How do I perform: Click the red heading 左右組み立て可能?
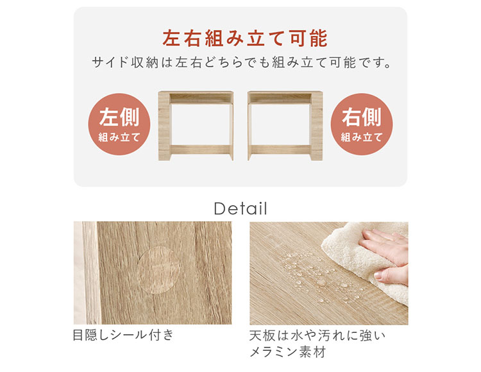(x=245, y=38)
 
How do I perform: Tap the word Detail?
(x=240, y=208)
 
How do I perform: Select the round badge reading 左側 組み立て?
(x=119, y=124)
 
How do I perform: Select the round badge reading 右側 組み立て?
(x=361, y=124)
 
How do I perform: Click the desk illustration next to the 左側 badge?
(x=196, y=126)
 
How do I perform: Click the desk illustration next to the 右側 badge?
(x=285, y=126)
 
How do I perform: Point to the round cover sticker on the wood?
(x=158, y=270)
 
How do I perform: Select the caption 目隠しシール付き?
(x=123, y=335)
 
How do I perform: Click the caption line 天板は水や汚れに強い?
(x=317, y=335)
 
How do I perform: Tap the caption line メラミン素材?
(x=287, y=351)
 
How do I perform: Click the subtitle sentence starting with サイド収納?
(x=242, y=63)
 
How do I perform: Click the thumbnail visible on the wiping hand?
(x=378, y=275)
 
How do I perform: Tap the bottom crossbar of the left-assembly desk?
(x=201, y=149)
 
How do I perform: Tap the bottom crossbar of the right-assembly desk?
(x=280, y=149)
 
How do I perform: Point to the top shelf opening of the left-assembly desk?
(x=201, y=98)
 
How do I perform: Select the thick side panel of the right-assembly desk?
(x=317, y=126)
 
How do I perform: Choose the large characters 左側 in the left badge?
(x=119, y=117)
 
